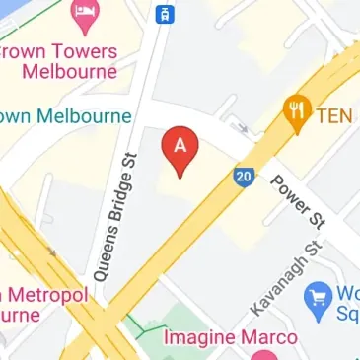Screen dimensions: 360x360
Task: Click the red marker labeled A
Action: click(180, 149)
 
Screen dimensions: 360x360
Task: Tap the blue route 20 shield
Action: click(246, 177)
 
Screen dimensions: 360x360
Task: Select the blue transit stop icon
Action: click(164, 14)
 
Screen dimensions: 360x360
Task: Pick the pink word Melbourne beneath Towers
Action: click(69, 72)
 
